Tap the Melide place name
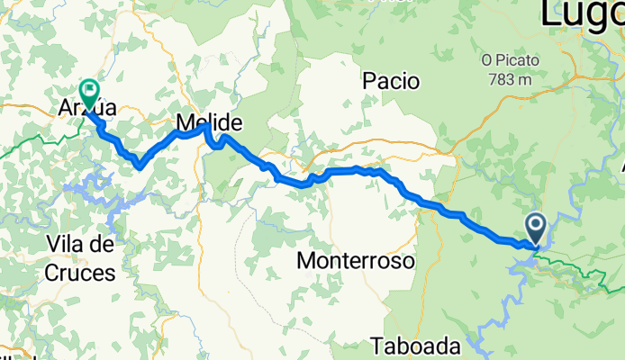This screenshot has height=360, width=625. [210, 121]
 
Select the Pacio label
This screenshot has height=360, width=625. [391, 81]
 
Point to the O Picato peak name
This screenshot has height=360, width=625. [511, 60]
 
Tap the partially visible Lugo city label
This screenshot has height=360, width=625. [582, 13]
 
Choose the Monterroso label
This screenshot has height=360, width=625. [356, 261]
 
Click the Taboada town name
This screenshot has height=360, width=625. [415, 346]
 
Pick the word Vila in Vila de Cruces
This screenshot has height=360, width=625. [65, 244]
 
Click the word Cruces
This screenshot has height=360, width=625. [83, 272]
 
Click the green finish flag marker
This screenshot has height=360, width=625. [89, 91]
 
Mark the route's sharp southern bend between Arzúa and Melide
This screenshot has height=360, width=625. [140, 166]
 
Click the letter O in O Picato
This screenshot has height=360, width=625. [486, 60]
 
